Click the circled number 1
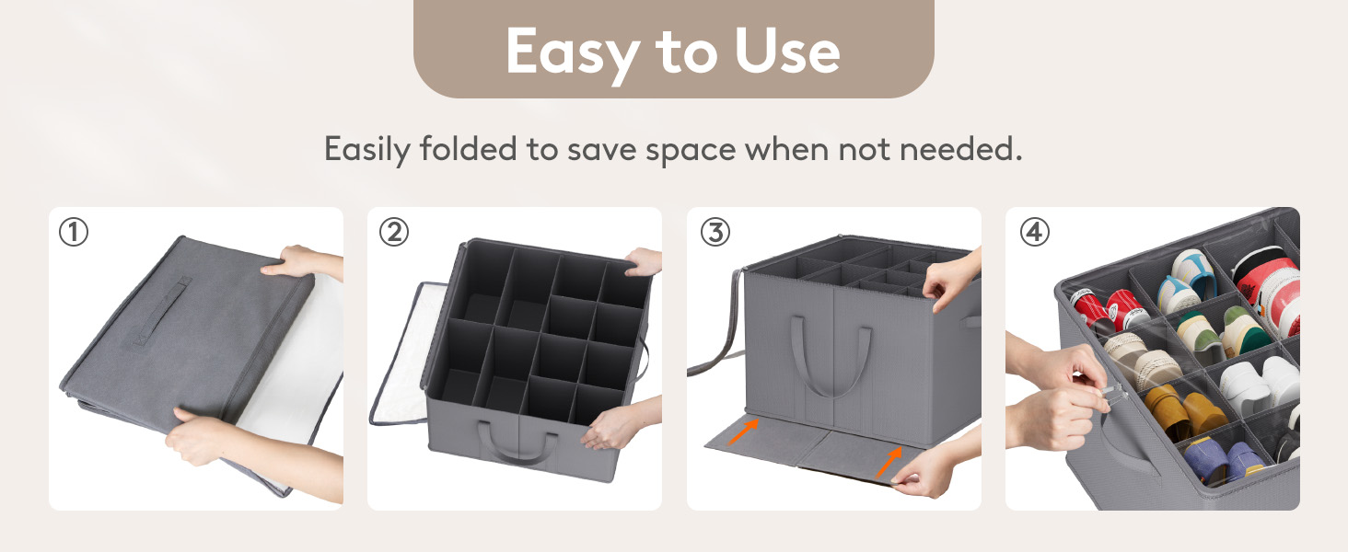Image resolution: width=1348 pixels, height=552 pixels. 74,232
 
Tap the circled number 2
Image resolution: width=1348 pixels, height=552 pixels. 394,232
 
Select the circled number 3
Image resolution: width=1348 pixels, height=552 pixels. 715,232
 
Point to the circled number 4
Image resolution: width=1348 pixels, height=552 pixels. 1035,232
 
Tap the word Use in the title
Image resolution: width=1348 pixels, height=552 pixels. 787,52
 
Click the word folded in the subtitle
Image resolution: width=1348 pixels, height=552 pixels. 468,148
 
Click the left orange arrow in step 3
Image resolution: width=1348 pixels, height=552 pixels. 744,431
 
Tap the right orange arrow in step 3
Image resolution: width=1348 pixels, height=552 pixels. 889,462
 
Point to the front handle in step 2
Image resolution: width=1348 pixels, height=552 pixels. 518,446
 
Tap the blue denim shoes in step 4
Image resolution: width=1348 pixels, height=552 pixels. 1222,460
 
